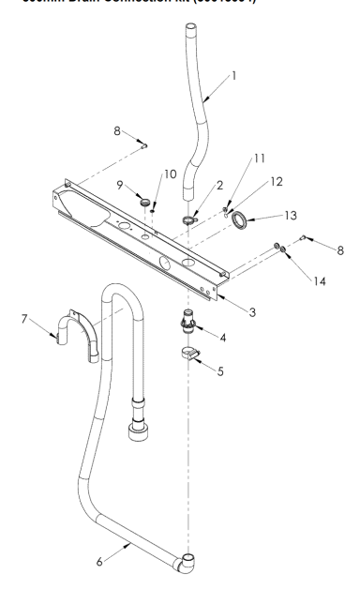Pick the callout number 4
point(222,335)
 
